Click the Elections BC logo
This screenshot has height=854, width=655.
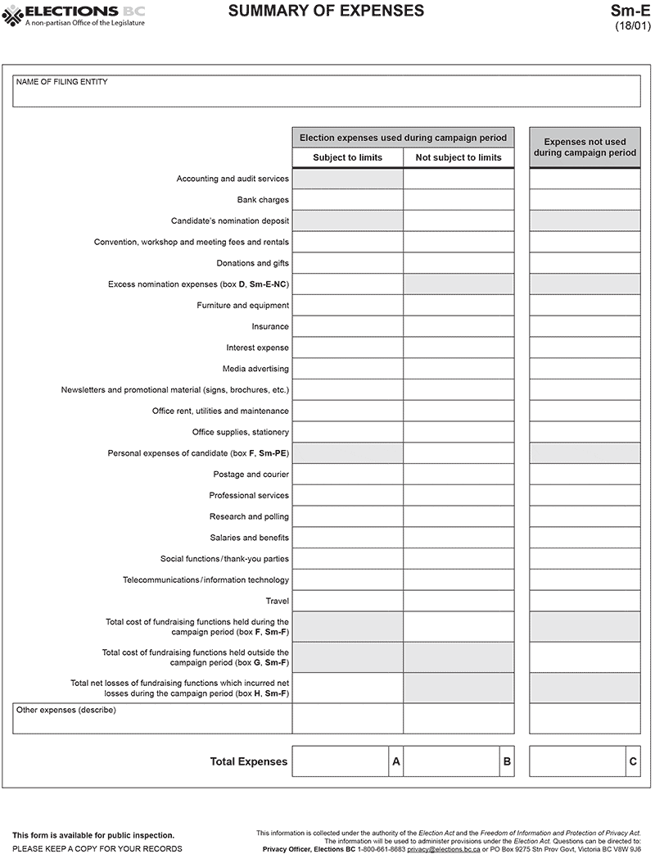[x=75, y=14]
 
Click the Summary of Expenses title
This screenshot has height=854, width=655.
[x=326, y=11]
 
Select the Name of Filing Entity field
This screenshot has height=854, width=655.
[x=327, y=92]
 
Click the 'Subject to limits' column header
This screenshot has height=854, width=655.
[x=347, y=157]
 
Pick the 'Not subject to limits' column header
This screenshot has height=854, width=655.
[x=458, y=157]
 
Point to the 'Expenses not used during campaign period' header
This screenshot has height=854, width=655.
[x=585, y=148]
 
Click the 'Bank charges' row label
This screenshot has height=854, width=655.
[x=263, y=200]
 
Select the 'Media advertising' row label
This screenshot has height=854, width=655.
[x=255, y=369]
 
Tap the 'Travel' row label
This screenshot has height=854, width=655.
[x=277, y=601]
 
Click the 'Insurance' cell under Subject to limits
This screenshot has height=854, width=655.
[x=347, y=326]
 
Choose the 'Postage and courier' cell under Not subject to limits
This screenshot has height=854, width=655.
[x=458, y=475]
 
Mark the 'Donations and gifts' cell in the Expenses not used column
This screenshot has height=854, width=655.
[x=585, y=263]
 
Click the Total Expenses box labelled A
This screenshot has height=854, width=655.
[x=341, y=761]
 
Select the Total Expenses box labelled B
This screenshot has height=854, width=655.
[x=452, y=761]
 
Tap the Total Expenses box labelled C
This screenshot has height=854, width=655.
[x=578, y=761]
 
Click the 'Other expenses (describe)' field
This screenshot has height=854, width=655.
[x=152, y=719]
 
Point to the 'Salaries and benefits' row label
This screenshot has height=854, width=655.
[x=249, y=538]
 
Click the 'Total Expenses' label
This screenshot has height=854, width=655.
[x=249, y=761]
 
